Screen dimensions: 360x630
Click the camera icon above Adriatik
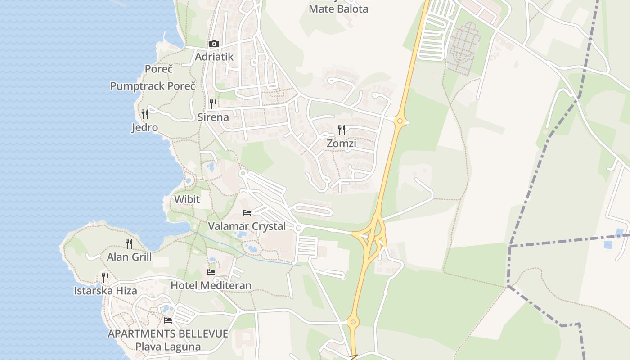(x=214, y=44)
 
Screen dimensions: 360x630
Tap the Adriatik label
(x=214, y=57)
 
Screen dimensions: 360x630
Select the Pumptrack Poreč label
(x=153, y=86)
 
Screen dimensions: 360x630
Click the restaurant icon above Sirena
(x=213, y=104)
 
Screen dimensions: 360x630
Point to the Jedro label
(x=145, y=127)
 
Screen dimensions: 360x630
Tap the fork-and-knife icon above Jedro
(x=144, y=114)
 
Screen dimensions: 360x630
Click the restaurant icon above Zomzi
(x=342, y=130)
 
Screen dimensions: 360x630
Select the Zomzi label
(x=342, y=144)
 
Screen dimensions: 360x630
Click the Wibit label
(x=187, y=199)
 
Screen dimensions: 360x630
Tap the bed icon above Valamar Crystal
(x=247, y=212)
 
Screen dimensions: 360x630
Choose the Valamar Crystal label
(x=247, y=226)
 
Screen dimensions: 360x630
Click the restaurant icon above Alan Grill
(x=129, y=243)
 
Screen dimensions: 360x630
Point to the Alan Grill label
(x=130, y=257)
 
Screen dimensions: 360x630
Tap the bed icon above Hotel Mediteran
(x=211, y=272)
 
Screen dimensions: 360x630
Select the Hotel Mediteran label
(x=211, y=285)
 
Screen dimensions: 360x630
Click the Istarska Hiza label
(x=106, y=291)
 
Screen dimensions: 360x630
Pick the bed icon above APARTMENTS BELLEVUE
(x=168, y=320)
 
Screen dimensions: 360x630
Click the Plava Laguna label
(x=168, y=346)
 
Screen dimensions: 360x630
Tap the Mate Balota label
(x=338, y=9)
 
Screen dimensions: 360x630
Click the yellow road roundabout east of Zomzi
(x=400, y=121)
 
